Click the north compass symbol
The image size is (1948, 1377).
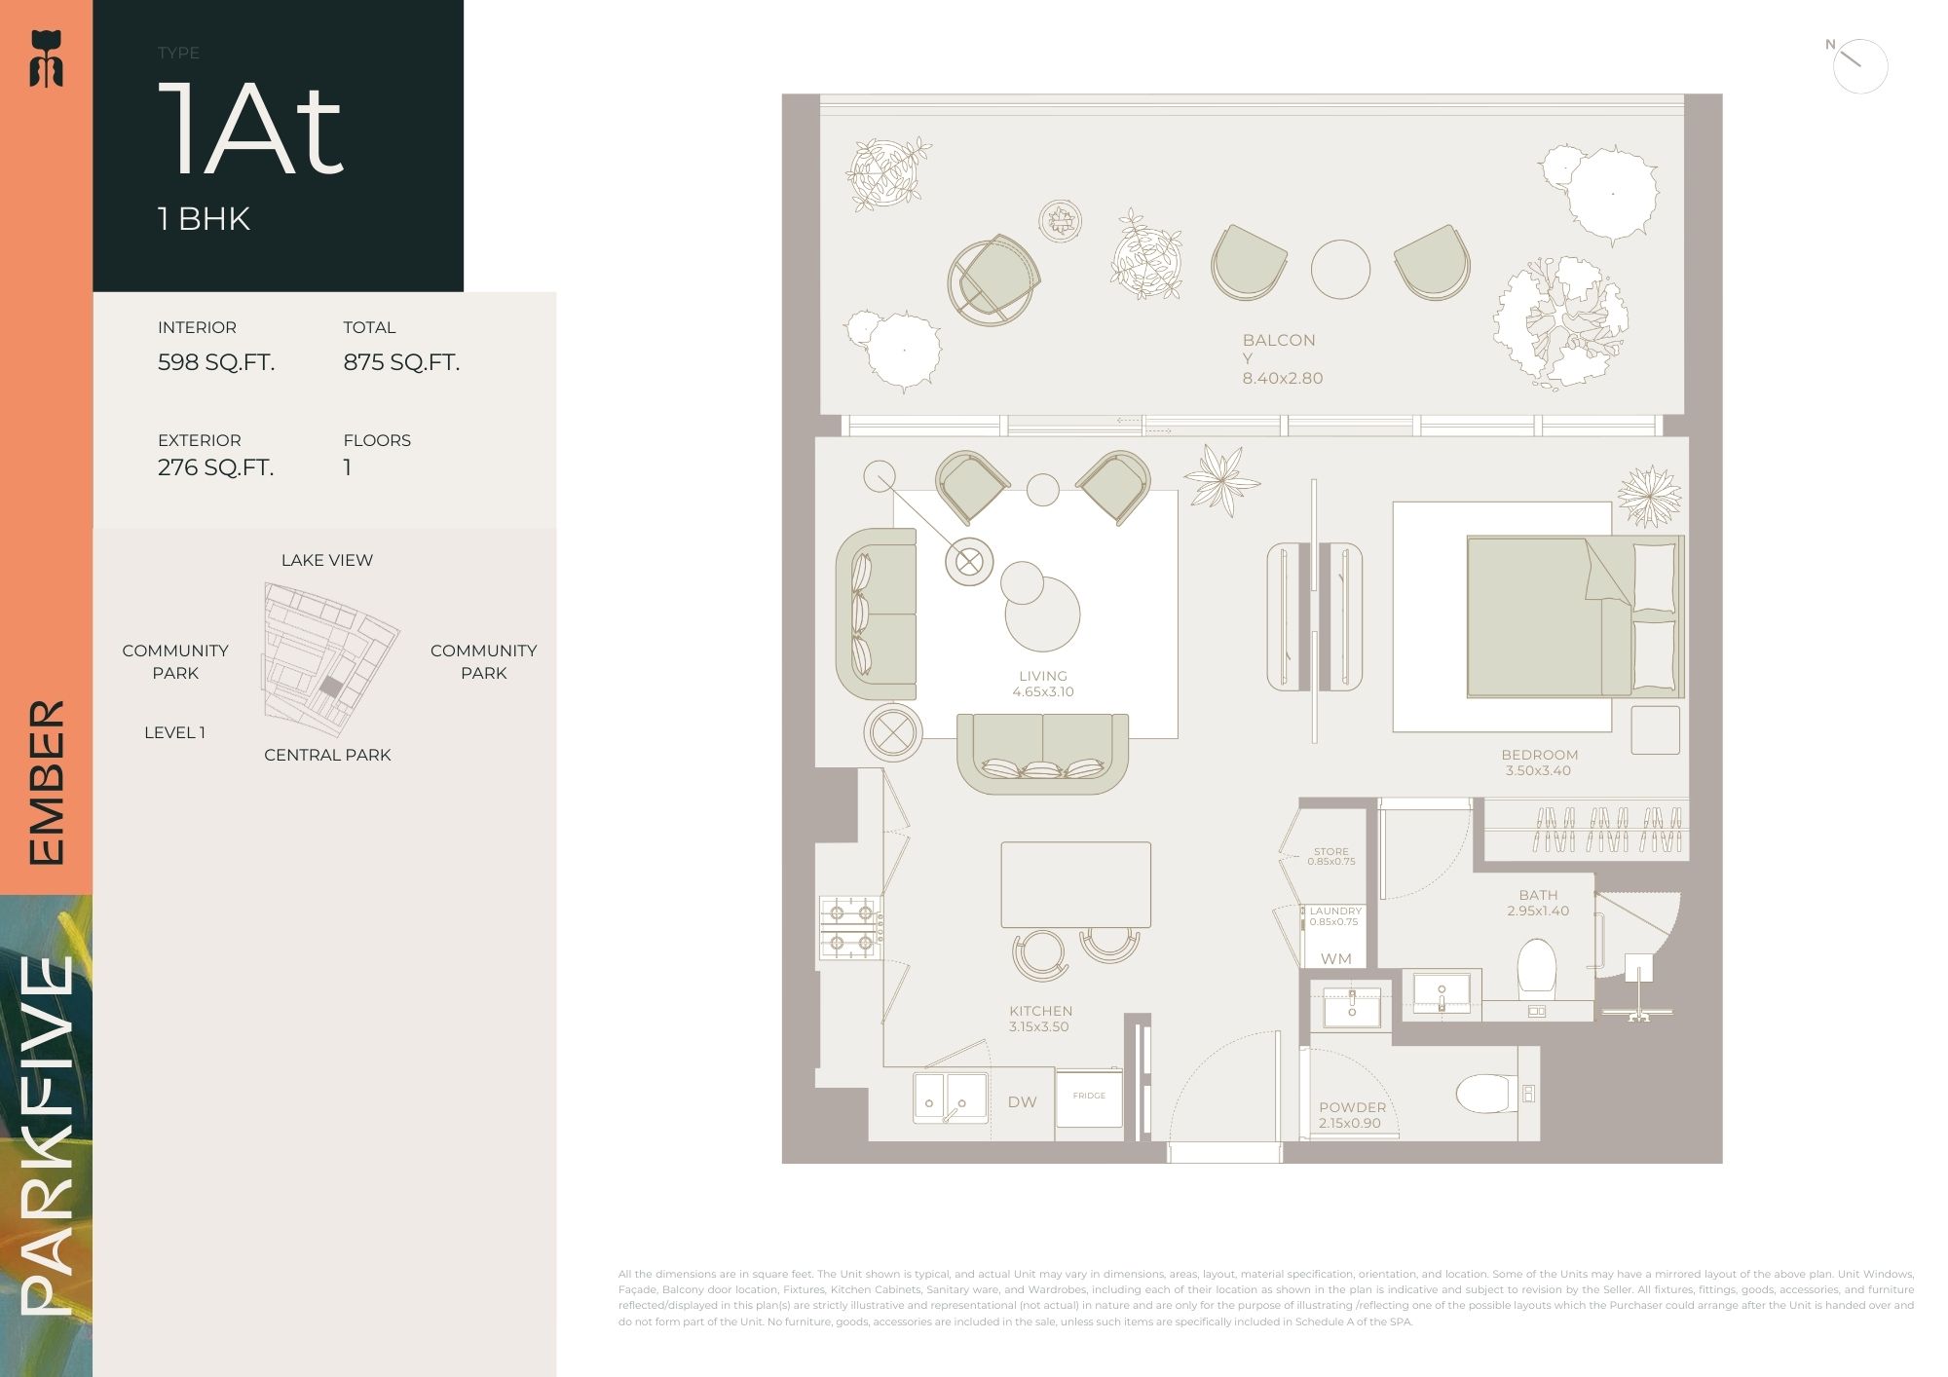(1859, 65)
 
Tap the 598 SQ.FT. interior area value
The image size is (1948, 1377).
(216, 362)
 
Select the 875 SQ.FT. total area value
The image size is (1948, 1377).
(401, 362)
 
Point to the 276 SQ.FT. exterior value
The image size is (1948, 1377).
(216, 467)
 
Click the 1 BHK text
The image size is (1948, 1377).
(205, 219)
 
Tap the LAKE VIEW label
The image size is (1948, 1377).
(327, 560)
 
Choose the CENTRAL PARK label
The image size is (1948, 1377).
(327, 755)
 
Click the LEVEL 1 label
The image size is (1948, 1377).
(174, 732)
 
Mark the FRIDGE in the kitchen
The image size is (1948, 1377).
(1089, 1098)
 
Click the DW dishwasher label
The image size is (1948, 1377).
(1022, 1102)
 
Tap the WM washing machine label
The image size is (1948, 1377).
(1335, 959)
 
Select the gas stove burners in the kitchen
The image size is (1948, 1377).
(850, 928)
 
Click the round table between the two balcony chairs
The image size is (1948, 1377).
(1340, 270)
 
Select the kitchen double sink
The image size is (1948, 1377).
(950, 1098)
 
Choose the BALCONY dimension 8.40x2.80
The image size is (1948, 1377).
(1282, 378)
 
